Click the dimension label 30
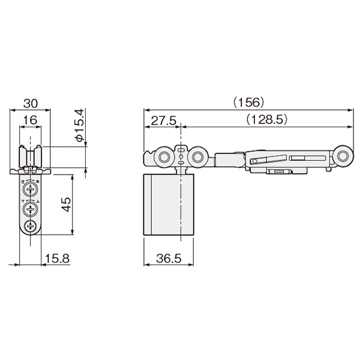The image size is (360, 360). [31, 104]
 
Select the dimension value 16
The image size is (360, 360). [30, 120]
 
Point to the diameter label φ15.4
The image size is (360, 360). [79, 125]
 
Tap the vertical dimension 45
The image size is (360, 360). [66, 205]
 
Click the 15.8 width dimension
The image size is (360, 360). [57, 259]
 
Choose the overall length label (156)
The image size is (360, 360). [248, 103]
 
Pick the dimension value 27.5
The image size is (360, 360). [163, 121]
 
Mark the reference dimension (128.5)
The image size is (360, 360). [266, 119]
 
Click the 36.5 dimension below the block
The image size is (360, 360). [169, 259]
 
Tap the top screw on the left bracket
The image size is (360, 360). [30, 189]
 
